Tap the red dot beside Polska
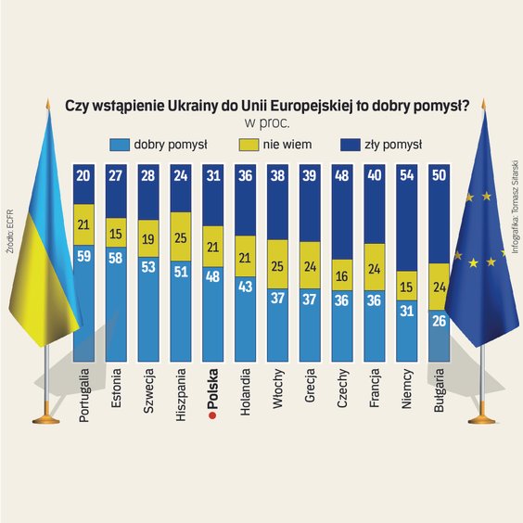(213, 418)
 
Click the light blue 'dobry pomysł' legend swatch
(120, 145)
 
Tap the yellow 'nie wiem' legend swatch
(248, 145)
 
